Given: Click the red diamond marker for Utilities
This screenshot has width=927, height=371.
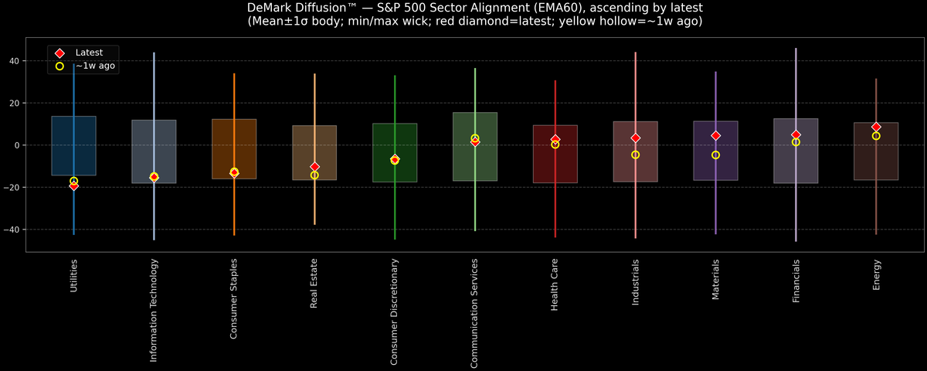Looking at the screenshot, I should click(73, 185).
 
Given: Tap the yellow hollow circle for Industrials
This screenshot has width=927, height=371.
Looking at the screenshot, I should click(635, 155).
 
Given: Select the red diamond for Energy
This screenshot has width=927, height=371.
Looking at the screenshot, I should click(876, 127).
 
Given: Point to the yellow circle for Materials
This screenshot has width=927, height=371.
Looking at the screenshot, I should click(715, 155).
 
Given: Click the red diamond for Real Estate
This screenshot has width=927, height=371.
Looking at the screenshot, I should click(314, 166).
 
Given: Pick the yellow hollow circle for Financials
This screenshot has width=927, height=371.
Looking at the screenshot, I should click(796, 142).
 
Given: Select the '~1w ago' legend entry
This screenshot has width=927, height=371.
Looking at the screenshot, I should click(95, 66).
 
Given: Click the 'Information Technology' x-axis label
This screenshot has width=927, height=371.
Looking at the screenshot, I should click(154, 310).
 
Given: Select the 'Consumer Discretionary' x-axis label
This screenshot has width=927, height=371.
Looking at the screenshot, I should click(395, 311).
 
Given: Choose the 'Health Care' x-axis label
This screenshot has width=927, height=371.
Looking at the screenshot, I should click(555, 285).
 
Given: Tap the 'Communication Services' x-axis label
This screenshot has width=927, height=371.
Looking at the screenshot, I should click(475, 311).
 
